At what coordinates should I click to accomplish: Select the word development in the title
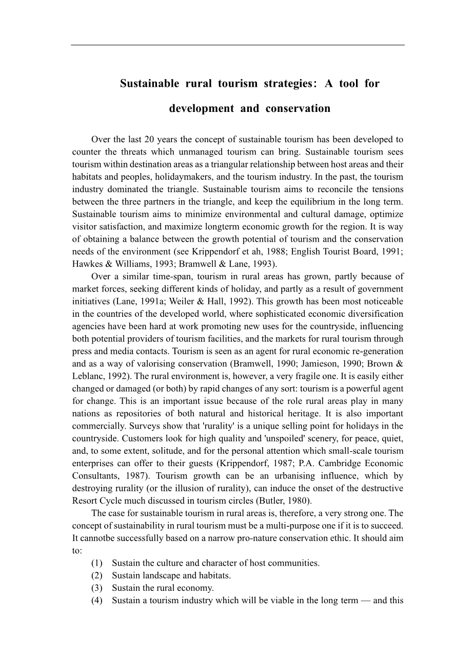(x=202, y=109)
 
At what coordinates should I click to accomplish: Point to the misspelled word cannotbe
(x=96, y=538)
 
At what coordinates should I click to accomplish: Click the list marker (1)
(x=97, y=563)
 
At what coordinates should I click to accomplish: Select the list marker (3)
(x=97, y=588)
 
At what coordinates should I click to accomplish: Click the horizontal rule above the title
(x=237, y=45)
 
